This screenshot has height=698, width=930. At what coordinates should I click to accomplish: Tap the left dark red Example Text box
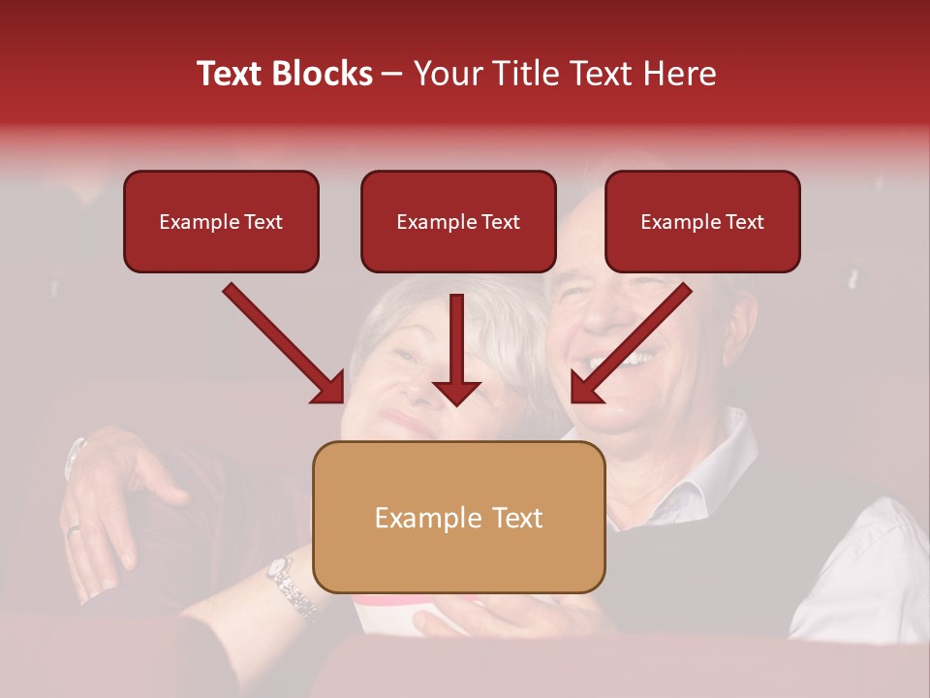pyautogui.click(x=221, y=222)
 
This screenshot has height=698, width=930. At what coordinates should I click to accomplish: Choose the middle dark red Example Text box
pyautogui.click(x=458, y=222)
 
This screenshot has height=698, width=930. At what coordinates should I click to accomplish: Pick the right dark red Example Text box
pyautogui.click(x=702, y=222)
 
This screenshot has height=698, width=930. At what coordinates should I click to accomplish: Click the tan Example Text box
pyautogui.click(x=458, y=518)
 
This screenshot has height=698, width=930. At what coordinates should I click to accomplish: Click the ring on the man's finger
pyautogui.click(x=74, y=529)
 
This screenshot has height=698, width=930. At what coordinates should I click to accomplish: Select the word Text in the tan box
pyautogui.click(x=517, y=518)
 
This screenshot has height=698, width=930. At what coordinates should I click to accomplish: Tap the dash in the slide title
pyautogui.click(x=392, y=75)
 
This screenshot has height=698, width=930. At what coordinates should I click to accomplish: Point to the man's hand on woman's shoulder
pyautogui.click(x=116, y=485)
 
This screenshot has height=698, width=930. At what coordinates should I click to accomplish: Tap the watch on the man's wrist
pyautogui.click(x=75, y=457)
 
